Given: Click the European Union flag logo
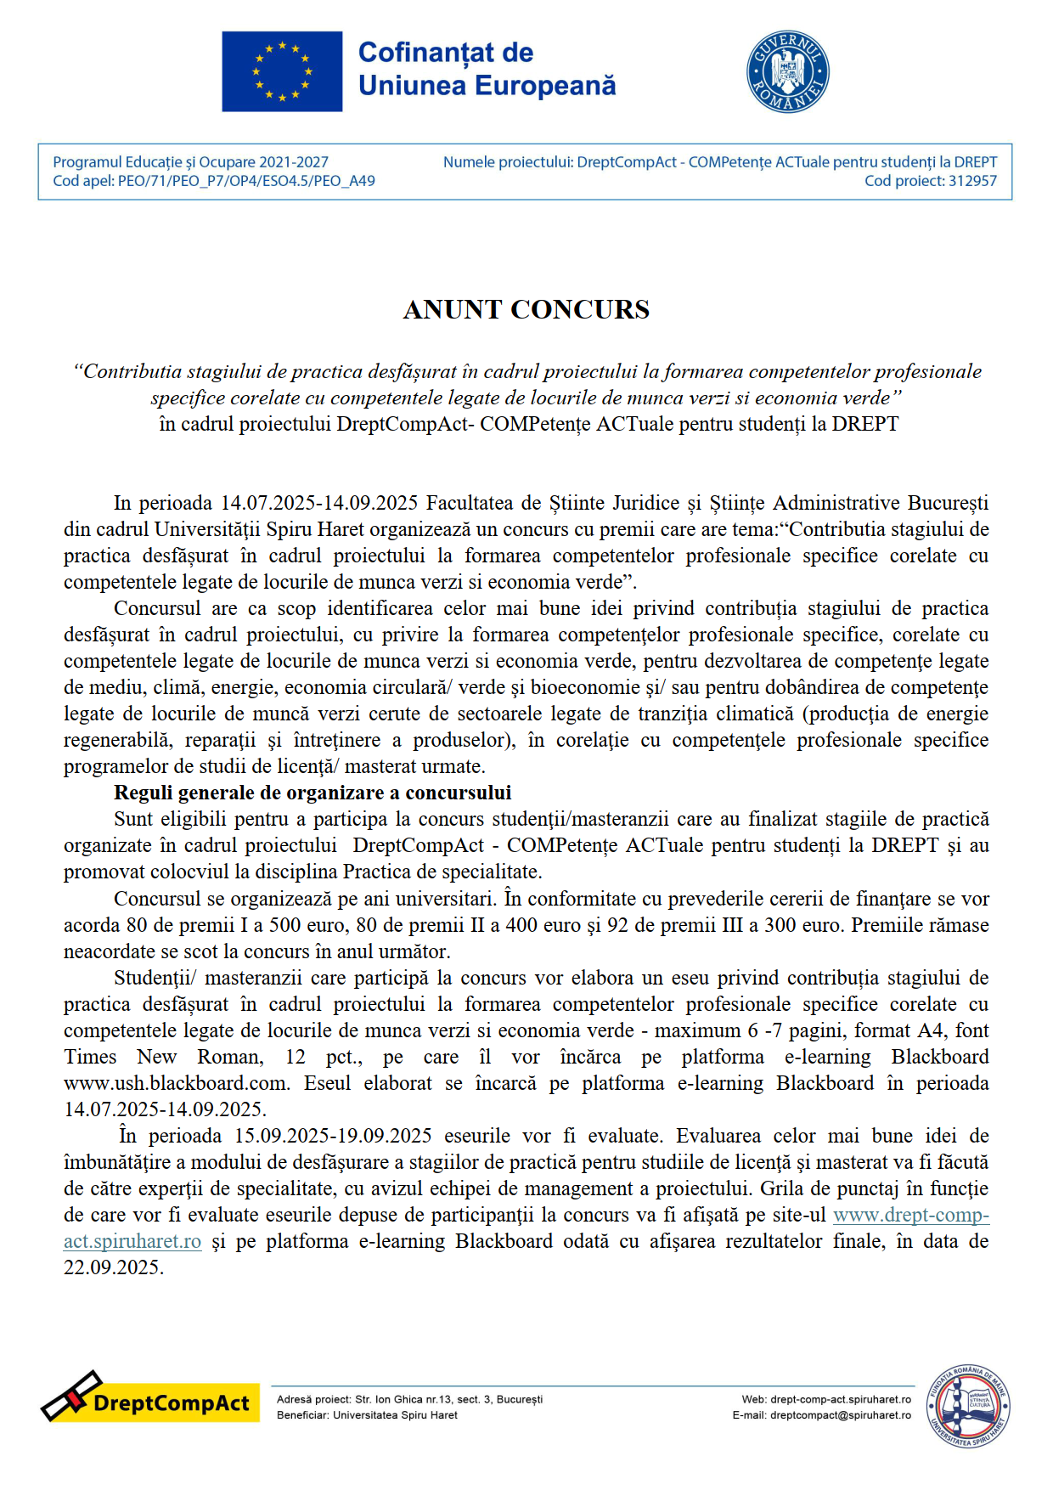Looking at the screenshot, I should [282, 71].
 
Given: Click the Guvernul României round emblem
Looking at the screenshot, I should [787, 72].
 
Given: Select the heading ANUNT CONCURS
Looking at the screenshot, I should [526, 309].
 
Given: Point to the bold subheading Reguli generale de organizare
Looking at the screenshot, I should [313, 793].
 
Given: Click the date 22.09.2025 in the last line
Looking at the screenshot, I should [112, 1267].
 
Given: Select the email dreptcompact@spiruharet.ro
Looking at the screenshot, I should [840, 1415].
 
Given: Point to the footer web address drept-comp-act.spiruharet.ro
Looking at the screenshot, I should [840, 1399].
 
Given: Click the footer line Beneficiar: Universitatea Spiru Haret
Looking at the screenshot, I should [367, 1415].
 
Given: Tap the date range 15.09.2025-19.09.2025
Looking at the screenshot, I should [333, 1136].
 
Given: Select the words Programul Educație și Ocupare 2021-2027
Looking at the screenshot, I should [190, 162].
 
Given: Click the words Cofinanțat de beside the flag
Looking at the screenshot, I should [445, 53].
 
